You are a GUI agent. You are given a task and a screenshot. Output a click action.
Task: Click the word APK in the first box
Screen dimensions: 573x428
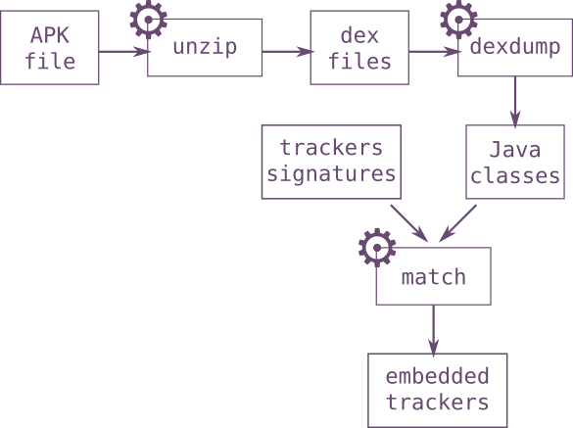coord(50,35)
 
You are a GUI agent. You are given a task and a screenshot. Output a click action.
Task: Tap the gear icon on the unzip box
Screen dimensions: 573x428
coord(148,20)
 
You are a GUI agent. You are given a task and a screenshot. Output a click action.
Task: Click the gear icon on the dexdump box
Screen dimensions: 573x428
coord(458,20)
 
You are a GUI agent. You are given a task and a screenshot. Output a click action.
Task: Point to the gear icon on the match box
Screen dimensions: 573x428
coord(377,248)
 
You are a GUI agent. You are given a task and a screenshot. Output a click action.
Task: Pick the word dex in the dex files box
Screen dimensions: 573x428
coord(359,36)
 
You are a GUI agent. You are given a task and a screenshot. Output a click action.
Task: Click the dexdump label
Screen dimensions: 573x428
coord(515,46)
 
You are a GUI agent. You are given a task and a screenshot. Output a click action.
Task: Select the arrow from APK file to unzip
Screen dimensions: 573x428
coord(124,52)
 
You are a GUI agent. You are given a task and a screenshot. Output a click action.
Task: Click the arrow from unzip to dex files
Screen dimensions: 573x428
coord(288,52)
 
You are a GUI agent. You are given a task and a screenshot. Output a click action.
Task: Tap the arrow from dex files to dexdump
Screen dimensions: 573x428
coord(435,52)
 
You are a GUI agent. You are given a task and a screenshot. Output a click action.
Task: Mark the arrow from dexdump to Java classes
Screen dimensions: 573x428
coord(515,102)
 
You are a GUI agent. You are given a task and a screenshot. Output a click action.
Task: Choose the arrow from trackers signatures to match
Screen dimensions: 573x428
coord(409,223)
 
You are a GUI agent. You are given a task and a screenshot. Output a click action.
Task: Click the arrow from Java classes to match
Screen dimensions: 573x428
coord(457,223)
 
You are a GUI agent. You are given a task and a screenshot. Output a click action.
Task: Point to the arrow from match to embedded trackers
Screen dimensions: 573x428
coord(434,330)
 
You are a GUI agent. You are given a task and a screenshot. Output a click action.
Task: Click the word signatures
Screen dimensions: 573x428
coord(331,174)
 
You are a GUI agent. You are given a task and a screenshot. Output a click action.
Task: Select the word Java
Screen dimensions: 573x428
coord(515,150)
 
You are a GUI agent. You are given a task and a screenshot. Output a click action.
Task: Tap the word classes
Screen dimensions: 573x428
coord(515,176)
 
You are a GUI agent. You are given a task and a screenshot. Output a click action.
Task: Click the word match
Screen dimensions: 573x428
coord(434,277)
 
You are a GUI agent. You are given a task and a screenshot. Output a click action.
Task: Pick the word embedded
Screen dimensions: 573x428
coord(437,376)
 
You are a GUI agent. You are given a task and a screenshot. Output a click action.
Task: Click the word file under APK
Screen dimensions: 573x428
coord(50,61)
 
